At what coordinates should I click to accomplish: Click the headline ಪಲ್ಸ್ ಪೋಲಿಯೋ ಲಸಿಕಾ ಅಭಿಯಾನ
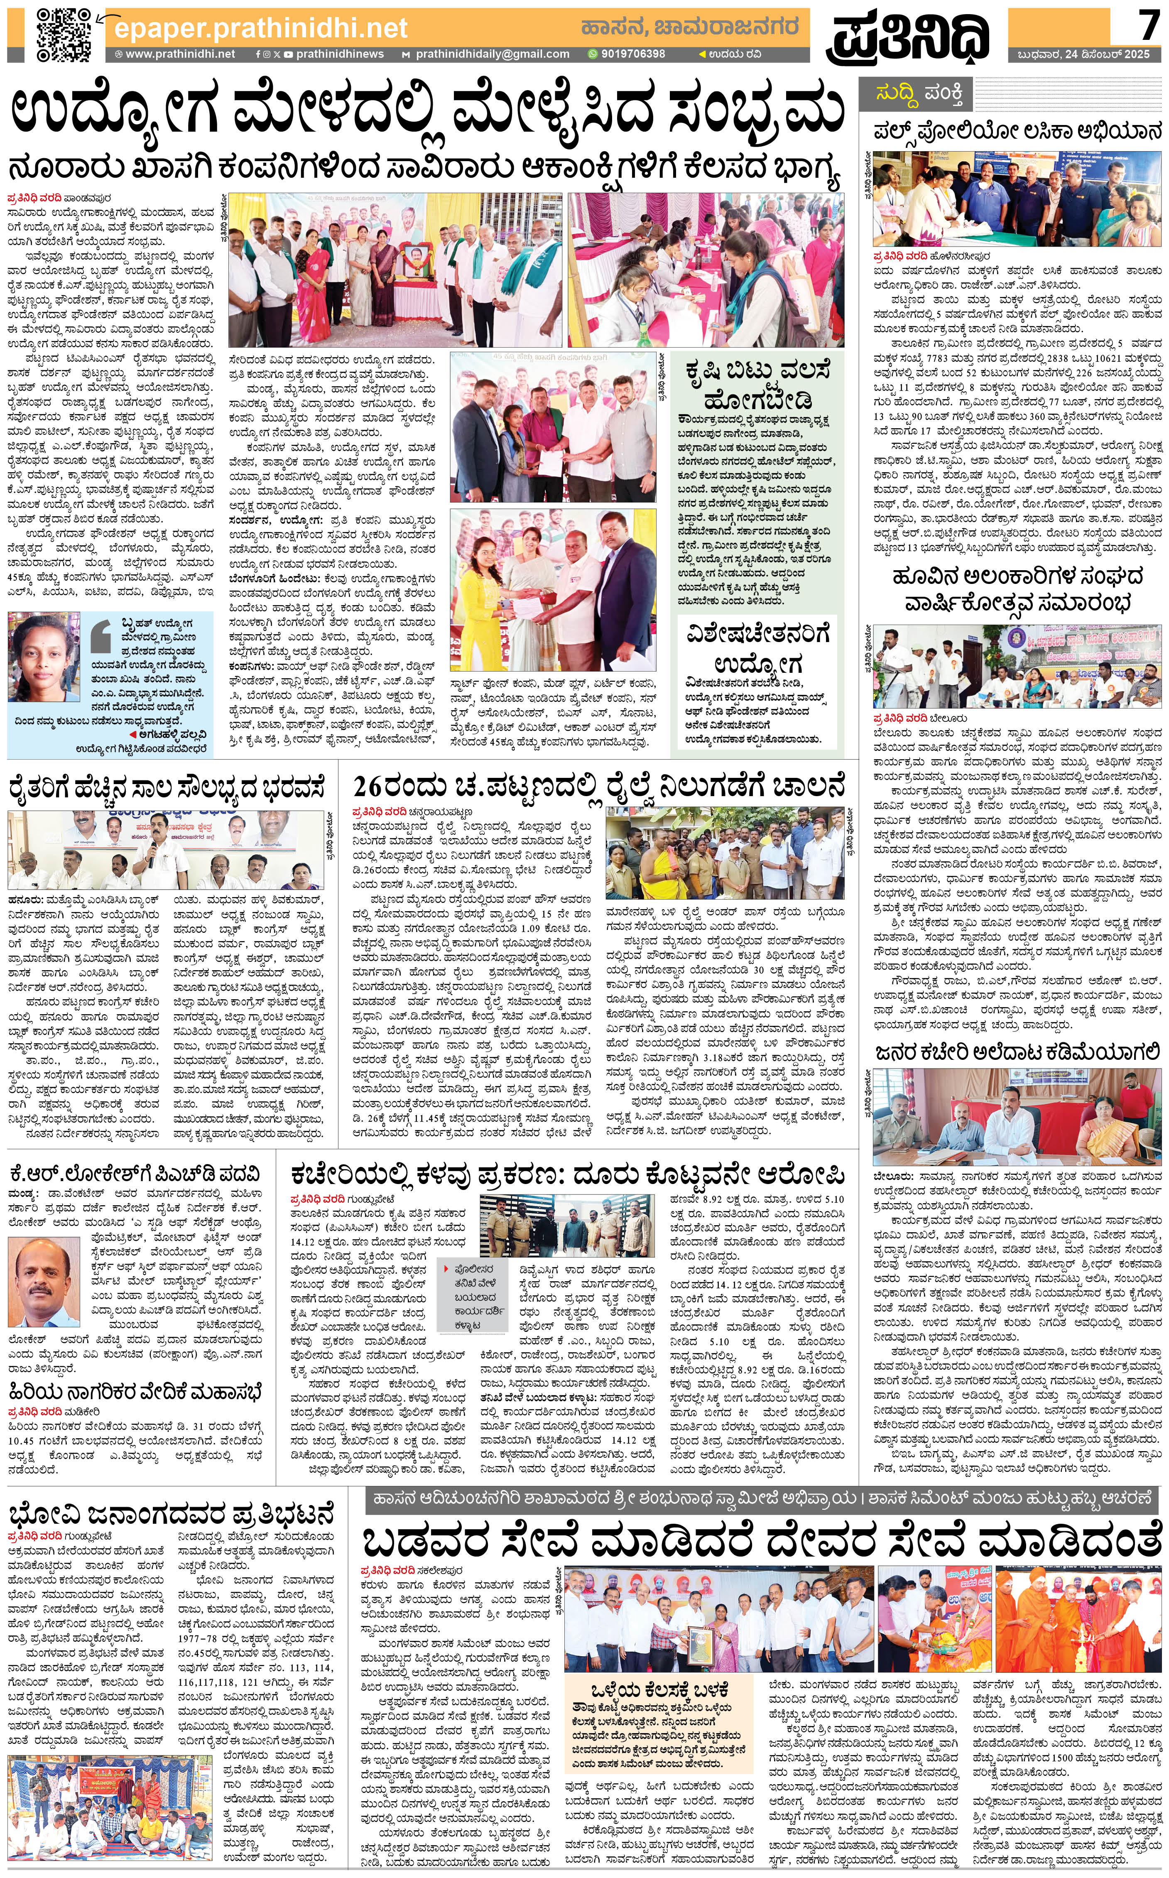1017,131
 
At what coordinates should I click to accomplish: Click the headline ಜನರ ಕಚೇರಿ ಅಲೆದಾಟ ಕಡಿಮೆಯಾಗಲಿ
1017,1052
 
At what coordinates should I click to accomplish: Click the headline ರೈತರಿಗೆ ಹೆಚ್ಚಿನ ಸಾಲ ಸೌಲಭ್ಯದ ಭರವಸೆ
166,789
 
